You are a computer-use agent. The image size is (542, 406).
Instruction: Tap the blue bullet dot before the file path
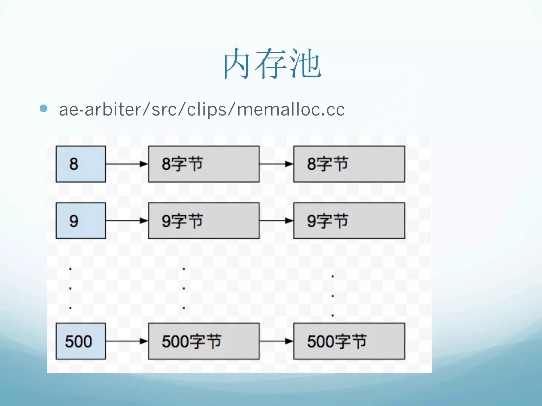(43, 108)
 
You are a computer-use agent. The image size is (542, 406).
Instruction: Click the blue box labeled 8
(81, 164)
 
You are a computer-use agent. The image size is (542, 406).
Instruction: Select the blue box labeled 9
(81, 221)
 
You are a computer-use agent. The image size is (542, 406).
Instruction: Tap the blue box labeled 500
(81, 341)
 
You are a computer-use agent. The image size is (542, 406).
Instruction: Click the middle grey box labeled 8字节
(204, 164)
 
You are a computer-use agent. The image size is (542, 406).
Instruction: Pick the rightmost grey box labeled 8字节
(349, 164)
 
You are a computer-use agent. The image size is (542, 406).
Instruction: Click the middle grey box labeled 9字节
(204, 221)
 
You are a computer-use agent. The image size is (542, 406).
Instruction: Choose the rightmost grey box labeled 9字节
(349, 221)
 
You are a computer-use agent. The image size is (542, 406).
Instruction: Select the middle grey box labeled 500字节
(204, 341)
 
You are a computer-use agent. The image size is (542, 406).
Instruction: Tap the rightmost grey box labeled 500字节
(349, 341)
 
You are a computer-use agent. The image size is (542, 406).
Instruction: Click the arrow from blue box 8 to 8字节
(127, 164)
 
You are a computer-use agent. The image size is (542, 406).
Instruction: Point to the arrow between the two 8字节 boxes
(276, 164)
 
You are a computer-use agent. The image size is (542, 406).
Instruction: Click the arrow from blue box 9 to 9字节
(127, 221)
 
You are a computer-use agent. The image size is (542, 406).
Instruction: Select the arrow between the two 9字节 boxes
(276, 221)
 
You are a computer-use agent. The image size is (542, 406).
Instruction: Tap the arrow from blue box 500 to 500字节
(127, 341)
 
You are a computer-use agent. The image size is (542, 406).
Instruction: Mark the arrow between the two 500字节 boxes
(276, 341)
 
